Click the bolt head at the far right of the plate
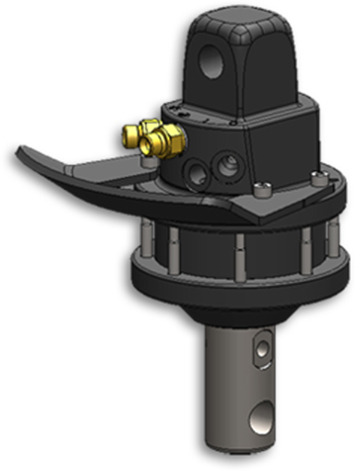317,180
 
